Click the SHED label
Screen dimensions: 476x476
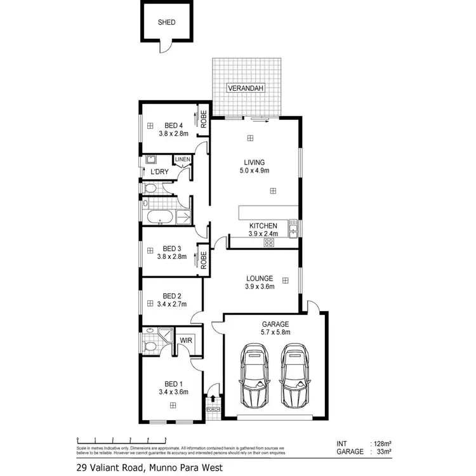point(166,22)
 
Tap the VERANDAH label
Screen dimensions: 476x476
point(246,89)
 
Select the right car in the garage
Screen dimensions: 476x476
point(294,377)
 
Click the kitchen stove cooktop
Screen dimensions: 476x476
point(268,241)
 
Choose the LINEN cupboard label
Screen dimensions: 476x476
point(182,159)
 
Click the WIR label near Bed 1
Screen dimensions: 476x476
point(186,341)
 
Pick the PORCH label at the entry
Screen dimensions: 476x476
point(213,410)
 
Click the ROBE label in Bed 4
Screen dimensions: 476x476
point(204,119)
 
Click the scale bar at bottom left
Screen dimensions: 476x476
point(112,439)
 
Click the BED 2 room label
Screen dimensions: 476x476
point(172,296)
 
